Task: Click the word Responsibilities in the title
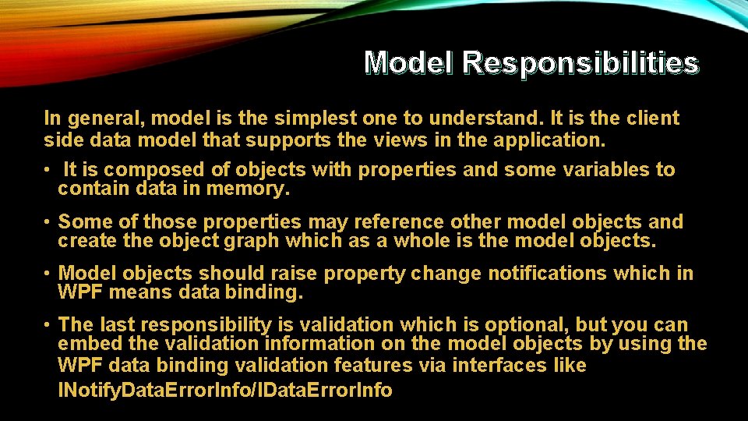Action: (x=580, y=62)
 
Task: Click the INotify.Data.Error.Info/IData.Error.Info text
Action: (x=225, y=390)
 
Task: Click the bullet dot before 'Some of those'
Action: (x=48, y=222)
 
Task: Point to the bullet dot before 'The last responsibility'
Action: (x=48, y=324)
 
